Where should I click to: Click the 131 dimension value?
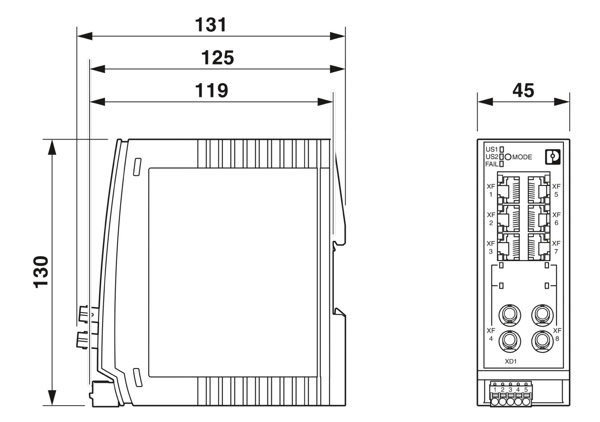coord(210,25)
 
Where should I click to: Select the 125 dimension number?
coord(217,58)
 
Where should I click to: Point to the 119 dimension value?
coord(211,90)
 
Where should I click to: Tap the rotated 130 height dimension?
coord(41,272)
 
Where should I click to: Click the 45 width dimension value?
coord(523,90)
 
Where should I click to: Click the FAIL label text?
coord(492,164)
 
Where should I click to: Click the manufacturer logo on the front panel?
coord(553,156)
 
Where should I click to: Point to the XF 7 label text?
coord(556,247)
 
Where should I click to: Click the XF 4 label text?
coord(491,335)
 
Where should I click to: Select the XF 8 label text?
coord(557,335)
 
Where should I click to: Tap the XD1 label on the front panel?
coord(511,362)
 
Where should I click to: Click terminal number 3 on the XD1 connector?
coord(510,390)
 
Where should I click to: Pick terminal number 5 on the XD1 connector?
coord(526,390)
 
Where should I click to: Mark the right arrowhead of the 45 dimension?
coord(562,102)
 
